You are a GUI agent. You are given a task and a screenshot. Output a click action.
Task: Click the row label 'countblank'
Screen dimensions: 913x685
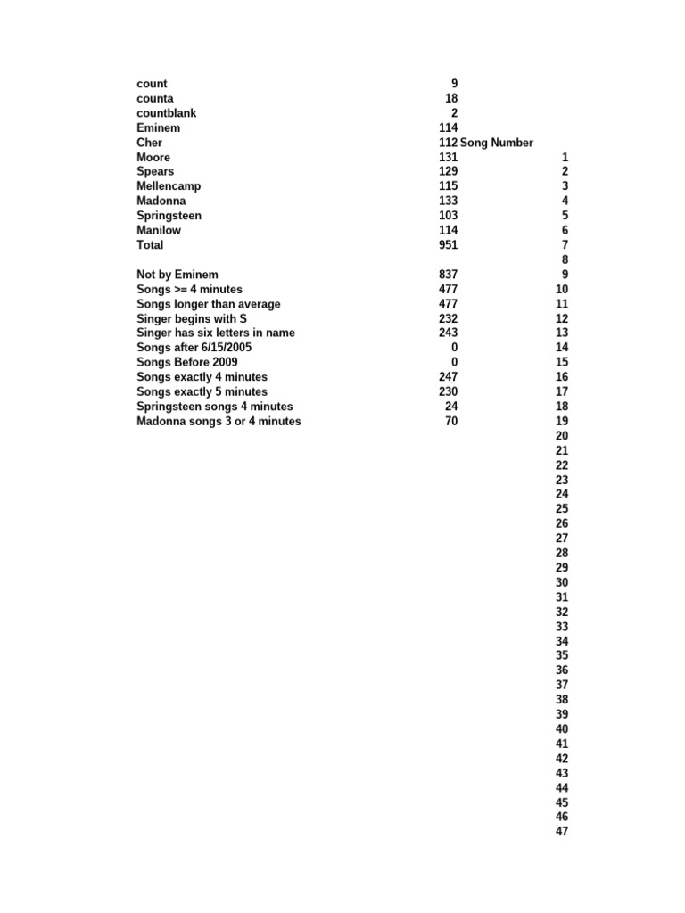click(167, 113)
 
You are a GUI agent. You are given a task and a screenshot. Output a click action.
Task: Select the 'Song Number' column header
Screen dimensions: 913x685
click(497, 143)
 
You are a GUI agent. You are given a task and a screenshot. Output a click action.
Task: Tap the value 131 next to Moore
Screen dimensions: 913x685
click(448, 157)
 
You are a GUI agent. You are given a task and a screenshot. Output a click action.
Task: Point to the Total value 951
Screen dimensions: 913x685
click(448, 245)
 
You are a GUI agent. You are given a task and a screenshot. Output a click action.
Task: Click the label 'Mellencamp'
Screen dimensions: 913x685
click(169, 186)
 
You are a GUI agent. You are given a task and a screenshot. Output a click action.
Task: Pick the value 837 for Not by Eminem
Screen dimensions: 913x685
click(448, 275)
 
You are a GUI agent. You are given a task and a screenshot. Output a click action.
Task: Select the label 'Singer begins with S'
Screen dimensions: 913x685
click(192, 318)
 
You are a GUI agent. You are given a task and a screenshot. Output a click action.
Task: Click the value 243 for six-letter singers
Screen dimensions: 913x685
click(448, 333)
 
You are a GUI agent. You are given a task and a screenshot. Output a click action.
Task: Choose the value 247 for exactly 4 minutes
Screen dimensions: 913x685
click(448, 377)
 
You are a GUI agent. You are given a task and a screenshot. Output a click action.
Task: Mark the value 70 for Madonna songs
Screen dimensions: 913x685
click(451, 421)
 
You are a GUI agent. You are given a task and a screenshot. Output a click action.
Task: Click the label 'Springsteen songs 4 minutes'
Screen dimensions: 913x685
click(215, 407)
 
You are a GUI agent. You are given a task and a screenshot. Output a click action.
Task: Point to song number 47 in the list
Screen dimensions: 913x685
click(562, 832)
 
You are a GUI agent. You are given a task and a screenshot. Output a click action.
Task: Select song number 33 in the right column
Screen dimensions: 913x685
click(562, 627)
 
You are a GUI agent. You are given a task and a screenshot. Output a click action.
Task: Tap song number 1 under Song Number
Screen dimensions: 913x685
click(565, 157)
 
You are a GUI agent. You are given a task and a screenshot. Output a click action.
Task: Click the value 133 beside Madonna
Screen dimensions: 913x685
click(448, 202)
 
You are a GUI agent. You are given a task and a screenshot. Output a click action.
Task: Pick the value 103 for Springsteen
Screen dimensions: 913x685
click(448, 216)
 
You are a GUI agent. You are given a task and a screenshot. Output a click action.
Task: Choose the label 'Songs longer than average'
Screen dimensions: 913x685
click(209, 304)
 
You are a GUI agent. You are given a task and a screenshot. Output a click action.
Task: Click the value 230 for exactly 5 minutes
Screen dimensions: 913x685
click(448, 391)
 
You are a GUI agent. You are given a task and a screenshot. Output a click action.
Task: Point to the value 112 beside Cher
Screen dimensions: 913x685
click(448, 143)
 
